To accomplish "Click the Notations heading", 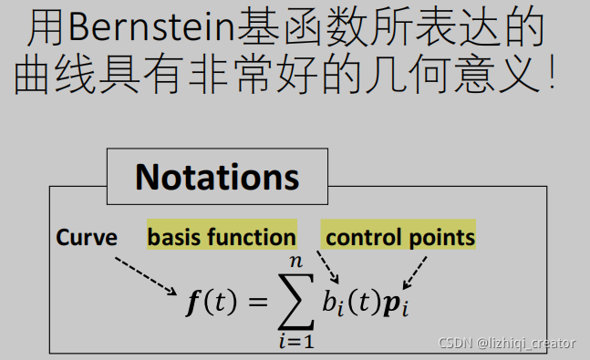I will click(x=217, y=176).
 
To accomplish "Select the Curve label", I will click(x=87, y=238).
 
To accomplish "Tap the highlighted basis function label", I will click(x=222, y=238).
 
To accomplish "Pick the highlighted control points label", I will click(x=399, y=238).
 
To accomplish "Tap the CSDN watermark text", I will click(x=507, y=344).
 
